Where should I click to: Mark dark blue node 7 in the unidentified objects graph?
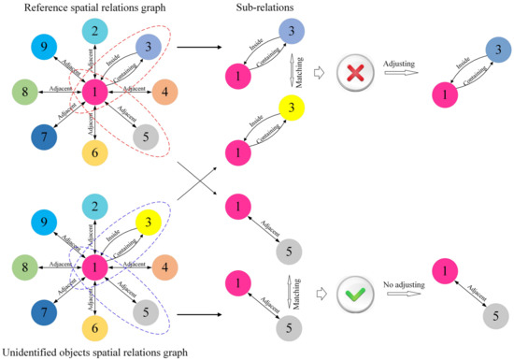[x=41, y=310]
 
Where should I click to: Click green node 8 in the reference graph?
[x=24, y=92]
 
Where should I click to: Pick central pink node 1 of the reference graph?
[x=94, y=92]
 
